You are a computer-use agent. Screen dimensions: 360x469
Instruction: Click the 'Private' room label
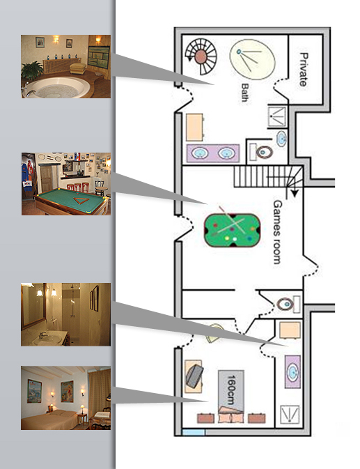[304, 70]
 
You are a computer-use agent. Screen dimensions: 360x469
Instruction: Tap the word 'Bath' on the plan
[245, 93]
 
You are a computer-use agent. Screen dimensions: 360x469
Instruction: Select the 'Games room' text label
[277, 232]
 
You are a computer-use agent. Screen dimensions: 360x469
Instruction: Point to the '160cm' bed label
[231, 390]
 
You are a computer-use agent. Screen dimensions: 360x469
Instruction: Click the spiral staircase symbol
[201, 56]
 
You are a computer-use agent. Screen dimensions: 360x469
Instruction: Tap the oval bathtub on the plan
[252, 59]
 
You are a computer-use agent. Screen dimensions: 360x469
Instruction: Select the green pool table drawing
[232, 230]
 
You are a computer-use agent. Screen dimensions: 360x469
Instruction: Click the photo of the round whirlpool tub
[65, 66]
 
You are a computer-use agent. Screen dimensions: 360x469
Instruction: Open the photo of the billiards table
[66, 184]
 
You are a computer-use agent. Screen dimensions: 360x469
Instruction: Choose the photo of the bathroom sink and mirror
[65, 314]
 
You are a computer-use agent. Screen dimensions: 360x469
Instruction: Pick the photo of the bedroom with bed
[65, 398]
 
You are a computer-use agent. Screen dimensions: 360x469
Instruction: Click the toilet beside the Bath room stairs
[264, 152]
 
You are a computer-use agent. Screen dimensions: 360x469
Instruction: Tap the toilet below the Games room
[285, 305]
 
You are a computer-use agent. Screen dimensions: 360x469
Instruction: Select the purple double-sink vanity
[213, 153]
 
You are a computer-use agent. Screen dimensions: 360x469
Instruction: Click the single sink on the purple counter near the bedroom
[292, 372]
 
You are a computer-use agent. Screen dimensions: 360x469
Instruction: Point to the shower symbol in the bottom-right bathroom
[290, 415]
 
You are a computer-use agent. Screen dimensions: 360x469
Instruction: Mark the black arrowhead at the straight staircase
[295, 194]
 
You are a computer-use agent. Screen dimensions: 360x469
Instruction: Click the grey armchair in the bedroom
[194, 375]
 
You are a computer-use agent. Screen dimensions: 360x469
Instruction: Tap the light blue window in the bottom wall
[194, 432]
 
